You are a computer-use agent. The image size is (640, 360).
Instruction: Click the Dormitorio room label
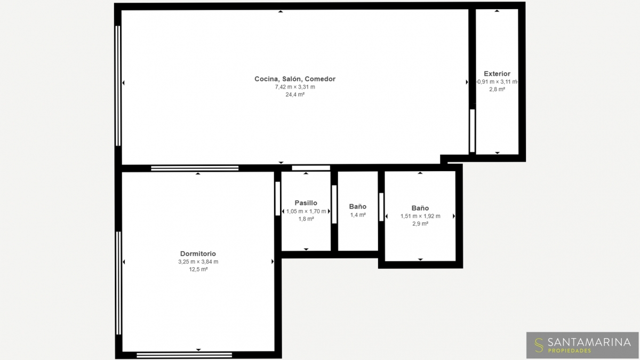click(x=198, y=253)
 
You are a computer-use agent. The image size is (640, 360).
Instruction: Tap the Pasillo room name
click(x=306, y=203)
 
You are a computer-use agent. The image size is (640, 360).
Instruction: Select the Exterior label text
click(x=497, y=74)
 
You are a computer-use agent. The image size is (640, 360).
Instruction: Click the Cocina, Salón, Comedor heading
click(x=295, y=79)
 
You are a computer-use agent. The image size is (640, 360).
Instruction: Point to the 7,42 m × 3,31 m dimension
click(x=295, y=87)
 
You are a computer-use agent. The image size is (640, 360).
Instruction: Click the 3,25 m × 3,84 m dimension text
click(x=198, y=262)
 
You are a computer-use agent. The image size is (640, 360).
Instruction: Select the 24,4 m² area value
click(x=295, y=94)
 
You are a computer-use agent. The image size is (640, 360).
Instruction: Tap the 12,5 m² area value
click(x=198, y=269)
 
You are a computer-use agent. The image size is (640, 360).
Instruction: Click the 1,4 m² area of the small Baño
click(x=358, y=215)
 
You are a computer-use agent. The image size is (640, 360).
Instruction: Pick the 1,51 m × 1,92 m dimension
click(x=420, y=217)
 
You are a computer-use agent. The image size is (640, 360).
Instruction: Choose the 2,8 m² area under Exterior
click(x=497, y=90)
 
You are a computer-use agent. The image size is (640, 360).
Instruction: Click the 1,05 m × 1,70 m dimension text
click(x=306, y=211)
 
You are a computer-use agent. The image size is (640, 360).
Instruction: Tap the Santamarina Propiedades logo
click(x=582, y=345)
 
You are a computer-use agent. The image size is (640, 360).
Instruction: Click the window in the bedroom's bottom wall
click(x=185, y=355)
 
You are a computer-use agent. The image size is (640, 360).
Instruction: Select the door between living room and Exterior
click(x=473, y=131)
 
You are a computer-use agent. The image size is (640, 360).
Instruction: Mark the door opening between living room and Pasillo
click(x=311, y=168)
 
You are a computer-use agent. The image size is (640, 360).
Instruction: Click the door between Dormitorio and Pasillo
click(x=278, y=198)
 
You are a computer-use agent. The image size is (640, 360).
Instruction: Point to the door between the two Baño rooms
click(x=381, y=207)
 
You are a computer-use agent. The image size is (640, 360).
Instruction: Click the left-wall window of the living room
click(x=118, y=86)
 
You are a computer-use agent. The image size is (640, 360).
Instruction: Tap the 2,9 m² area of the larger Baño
click(x=420, y=224)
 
